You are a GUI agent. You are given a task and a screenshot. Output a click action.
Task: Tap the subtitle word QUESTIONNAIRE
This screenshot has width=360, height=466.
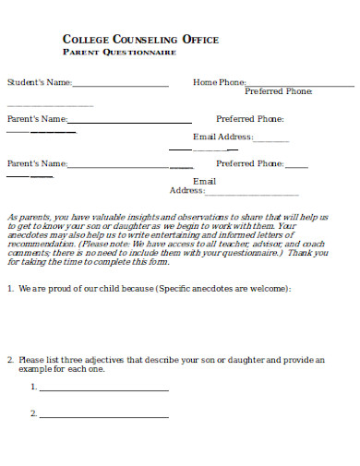pos(142,53)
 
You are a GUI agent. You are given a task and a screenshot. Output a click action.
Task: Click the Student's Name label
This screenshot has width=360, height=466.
pos(40,83)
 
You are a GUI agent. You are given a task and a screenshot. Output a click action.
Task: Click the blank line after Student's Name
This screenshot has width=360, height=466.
pos(120,85)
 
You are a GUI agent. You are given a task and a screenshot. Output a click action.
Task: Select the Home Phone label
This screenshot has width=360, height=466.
pos(219,83)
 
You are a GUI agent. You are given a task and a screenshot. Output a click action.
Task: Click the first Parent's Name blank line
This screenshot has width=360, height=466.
pos(130,121)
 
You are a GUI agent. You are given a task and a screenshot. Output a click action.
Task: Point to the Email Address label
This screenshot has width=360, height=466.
pos(222,137)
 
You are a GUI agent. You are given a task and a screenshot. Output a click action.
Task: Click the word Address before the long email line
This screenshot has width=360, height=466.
pos(186,191)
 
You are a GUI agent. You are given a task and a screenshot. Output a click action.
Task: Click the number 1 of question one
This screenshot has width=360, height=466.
pos(9,289)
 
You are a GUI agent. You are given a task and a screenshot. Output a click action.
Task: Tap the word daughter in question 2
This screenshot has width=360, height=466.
pos(254,360)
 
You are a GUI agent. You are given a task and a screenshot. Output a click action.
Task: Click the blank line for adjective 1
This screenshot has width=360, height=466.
pos(103,389)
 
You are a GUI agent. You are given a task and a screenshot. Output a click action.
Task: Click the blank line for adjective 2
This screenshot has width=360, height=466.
pos(103,416)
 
